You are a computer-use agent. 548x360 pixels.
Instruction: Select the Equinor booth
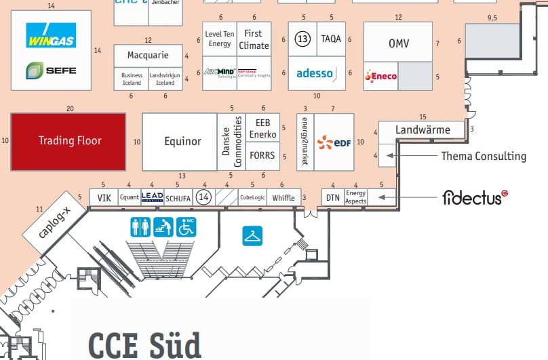click(182, 141)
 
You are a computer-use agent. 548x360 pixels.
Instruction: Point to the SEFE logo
click(51, 70)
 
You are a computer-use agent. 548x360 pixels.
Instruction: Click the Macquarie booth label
click(148, 55)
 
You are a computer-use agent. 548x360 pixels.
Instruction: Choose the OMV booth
click(398, 43)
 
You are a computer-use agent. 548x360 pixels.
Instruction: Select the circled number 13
click(302, 39)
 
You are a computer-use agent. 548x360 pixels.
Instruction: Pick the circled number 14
click(203, 197)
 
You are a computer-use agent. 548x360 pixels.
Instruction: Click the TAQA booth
click(331, 39)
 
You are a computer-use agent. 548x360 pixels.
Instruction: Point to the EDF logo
click(334, 142)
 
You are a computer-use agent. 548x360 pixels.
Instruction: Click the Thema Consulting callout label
click(484, 157)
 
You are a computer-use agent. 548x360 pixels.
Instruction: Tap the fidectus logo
click(475, 197)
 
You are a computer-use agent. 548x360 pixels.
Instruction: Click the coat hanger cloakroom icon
click(252, 235)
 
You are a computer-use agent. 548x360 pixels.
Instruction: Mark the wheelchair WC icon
click(186, 227)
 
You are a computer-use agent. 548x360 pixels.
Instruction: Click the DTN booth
click(332, 197)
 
